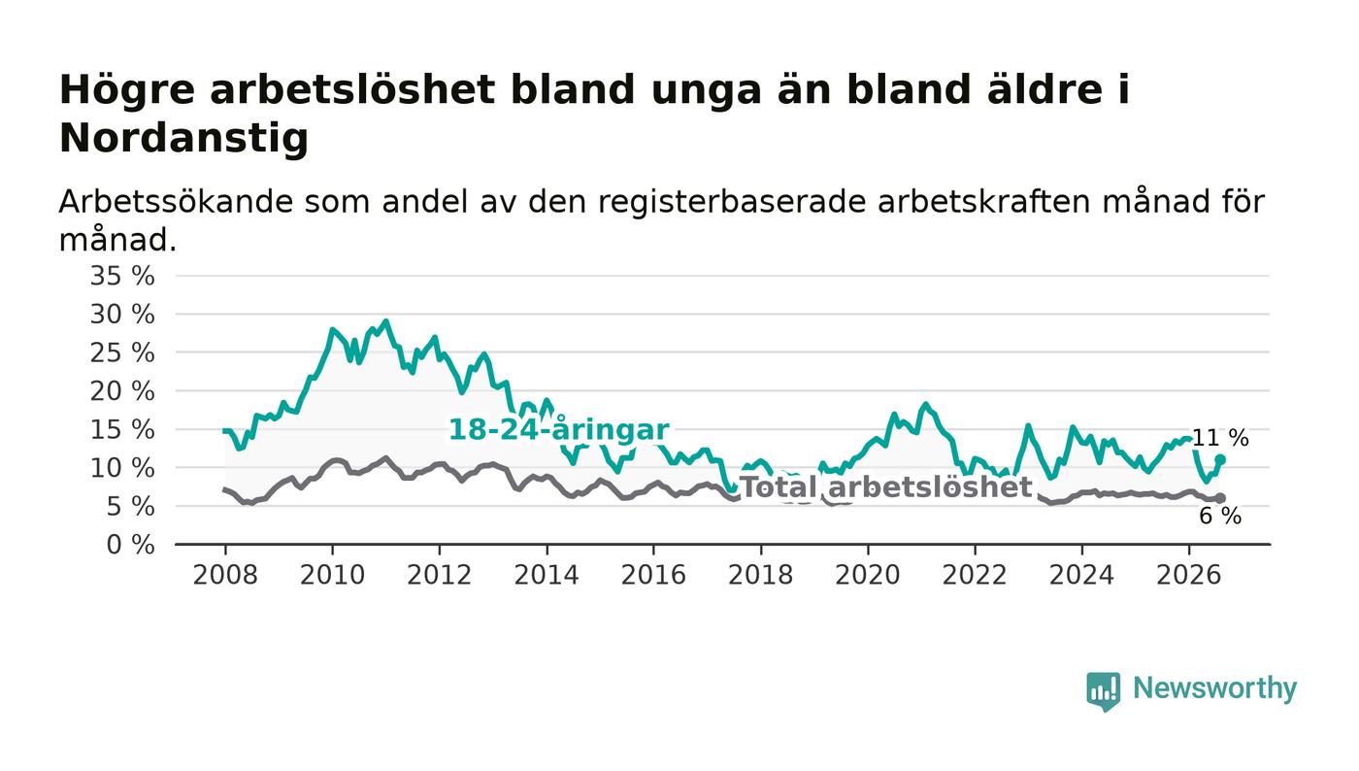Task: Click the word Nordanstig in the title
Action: coord(183,139)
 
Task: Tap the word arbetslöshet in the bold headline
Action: coord(351,89)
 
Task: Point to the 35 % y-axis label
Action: coord(122,276)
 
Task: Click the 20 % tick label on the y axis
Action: coord(122,391)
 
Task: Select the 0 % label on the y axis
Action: coord(130,545)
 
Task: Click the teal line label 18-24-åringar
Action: coord(559,430)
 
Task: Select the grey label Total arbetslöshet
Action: coord(886,486)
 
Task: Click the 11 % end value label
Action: coord(1220,438)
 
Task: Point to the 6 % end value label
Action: coord(1220,516)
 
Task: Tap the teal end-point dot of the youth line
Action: coord(1220,459)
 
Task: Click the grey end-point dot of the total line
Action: coord(1220,498)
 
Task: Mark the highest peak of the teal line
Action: coord(386,321)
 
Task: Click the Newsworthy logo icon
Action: coord(1103,691)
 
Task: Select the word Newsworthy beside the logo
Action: coord(1214,688)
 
